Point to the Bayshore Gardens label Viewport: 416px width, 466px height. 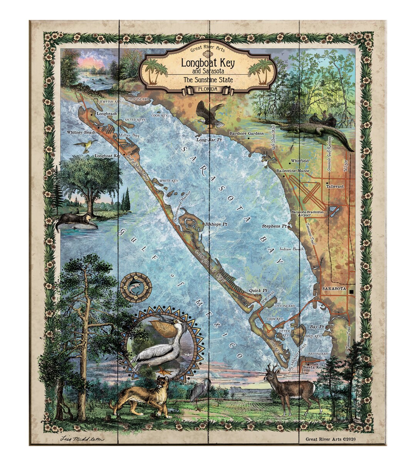(247, 134)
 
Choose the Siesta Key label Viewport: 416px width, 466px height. (315, 367)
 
